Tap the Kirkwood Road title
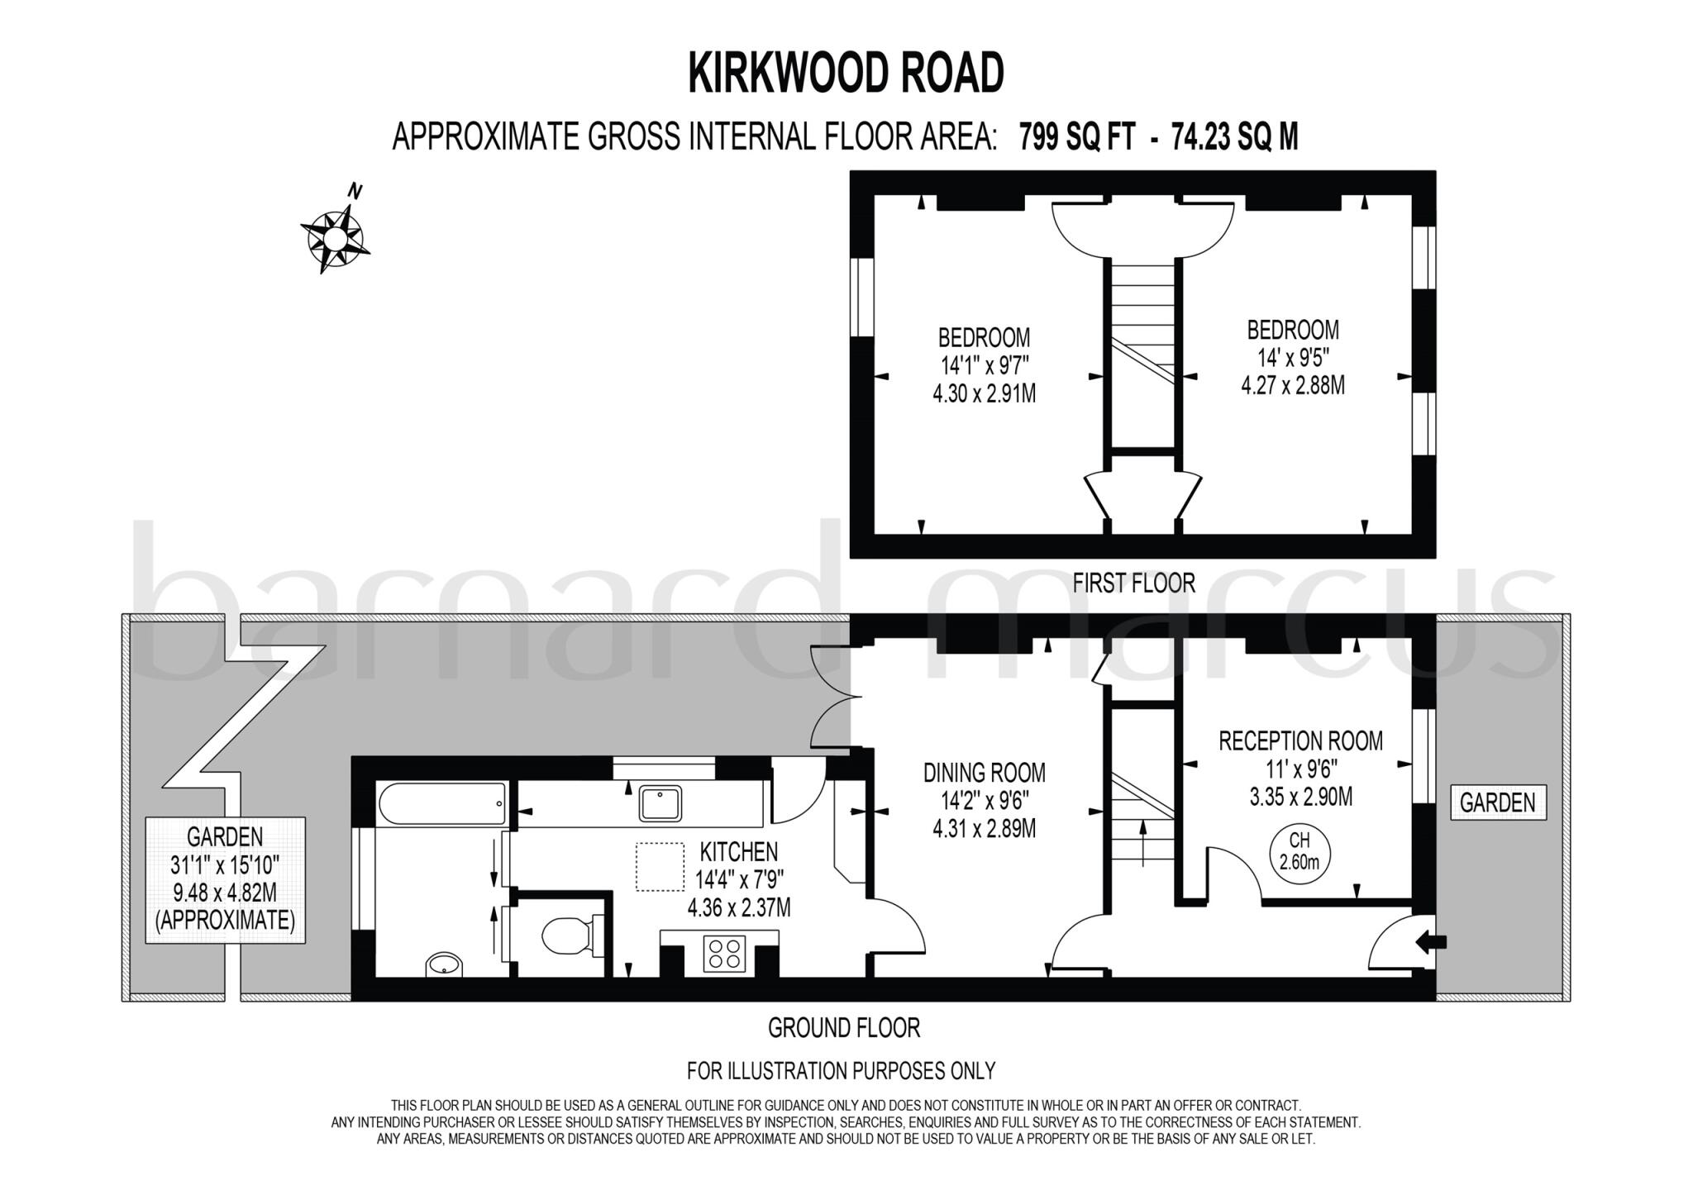[846, 73]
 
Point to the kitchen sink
[661, 803]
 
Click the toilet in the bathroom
[567, 936]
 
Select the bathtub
[442, 803]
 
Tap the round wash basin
[444, 964]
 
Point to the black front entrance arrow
[1431, 941]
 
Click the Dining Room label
[984, 774]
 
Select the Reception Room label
[1300, 741]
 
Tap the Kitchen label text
[738, 852]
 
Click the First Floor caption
[1133, 583]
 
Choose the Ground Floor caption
[843, 1028]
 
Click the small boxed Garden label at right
[1497, 802]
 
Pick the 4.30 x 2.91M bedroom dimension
[984, 393]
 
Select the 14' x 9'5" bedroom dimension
[1292, 358]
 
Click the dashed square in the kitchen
[660, 867]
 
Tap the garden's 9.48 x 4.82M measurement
[225, 893]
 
